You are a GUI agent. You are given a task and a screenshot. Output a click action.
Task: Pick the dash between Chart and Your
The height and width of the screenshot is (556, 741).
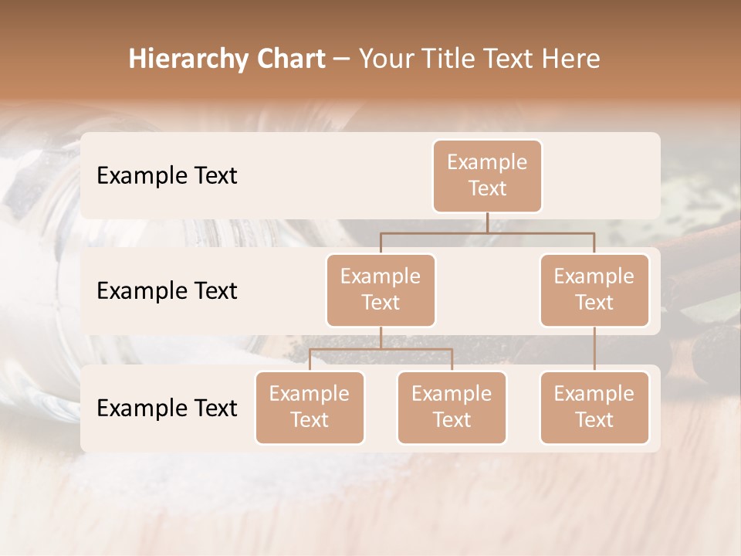click(x=342, y=59)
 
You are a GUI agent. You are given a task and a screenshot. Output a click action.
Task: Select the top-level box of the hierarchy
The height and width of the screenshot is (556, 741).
click(x=487, y=175)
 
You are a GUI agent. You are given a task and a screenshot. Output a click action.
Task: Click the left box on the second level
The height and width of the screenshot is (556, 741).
click(x=381, y=290)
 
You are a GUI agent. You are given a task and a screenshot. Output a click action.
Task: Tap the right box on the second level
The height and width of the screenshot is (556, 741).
click(x=594, y=290)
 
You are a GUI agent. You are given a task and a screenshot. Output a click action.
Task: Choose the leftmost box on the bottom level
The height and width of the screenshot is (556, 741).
click(x=310, y=407)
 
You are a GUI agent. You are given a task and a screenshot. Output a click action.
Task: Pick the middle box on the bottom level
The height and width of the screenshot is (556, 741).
click(x=452, y=407)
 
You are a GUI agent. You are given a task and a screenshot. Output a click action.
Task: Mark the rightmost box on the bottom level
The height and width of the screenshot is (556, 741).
click(x=594, y=407)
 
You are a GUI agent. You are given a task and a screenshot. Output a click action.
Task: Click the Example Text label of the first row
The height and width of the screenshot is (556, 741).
click(x=167, y=175)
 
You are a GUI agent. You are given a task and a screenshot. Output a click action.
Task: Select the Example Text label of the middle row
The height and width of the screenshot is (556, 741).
click(x=167, y=290)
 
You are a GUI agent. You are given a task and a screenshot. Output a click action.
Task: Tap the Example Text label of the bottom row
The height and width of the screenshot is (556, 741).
click(x=167, y=408)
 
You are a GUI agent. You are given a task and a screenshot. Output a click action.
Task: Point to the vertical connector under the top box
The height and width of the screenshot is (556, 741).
click(x=487, y=222)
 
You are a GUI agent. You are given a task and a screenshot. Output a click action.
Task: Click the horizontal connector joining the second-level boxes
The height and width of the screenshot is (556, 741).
click(x=487, y=232)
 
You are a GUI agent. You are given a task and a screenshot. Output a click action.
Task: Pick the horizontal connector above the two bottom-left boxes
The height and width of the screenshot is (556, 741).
click(x=381, y=349)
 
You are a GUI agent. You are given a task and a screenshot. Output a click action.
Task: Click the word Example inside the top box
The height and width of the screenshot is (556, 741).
click(x=487, y=162)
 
